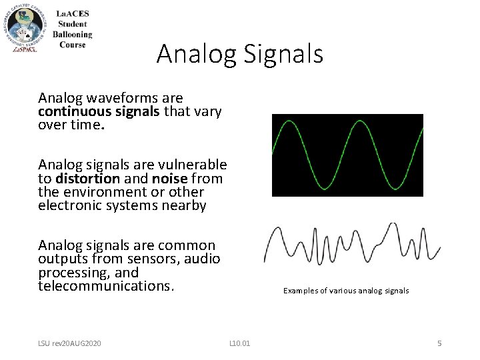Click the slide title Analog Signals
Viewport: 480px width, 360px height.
point(239,54)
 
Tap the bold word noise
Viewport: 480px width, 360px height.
point(168,178)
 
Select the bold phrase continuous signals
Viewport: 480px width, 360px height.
point(99,112)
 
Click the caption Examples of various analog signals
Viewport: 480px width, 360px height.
point(346,291)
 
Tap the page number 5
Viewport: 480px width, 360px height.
point(439,343)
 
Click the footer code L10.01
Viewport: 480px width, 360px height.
point(239,343)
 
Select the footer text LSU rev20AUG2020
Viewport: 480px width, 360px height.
point(69,343)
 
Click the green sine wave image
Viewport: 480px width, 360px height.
point(347,155)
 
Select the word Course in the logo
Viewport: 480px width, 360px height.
point(72,45)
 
